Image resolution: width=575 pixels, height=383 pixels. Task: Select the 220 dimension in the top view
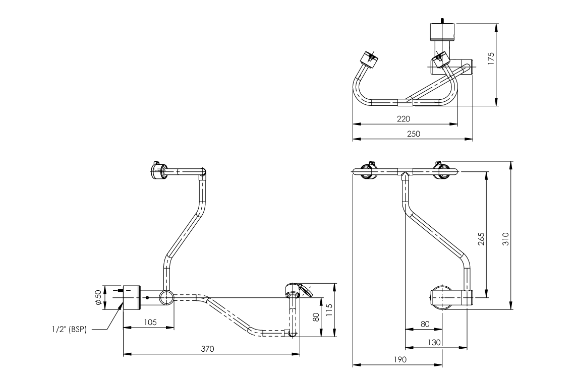click(403, 119)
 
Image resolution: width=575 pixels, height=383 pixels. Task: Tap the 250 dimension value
click(413, 134)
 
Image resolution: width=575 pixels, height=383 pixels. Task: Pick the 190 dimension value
click(398, 360)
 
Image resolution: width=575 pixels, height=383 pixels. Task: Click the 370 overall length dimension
click(208, 349)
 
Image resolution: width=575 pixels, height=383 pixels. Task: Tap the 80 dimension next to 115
click(316, 317)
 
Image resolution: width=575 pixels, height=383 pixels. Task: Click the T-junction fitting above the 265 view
click(405, 171)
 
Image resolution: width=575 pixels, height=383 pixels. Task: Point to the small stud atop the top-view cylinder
click(443, 21)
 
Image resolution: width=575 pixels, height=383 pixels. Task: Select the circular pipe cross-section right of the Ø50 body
click(166, 298)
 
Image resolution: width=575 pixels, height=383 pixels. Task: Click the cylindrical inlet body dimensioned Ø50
click(132, 297)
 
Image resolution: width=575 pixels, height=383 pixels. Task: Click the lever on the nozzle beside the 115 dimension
click(306, 290)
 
